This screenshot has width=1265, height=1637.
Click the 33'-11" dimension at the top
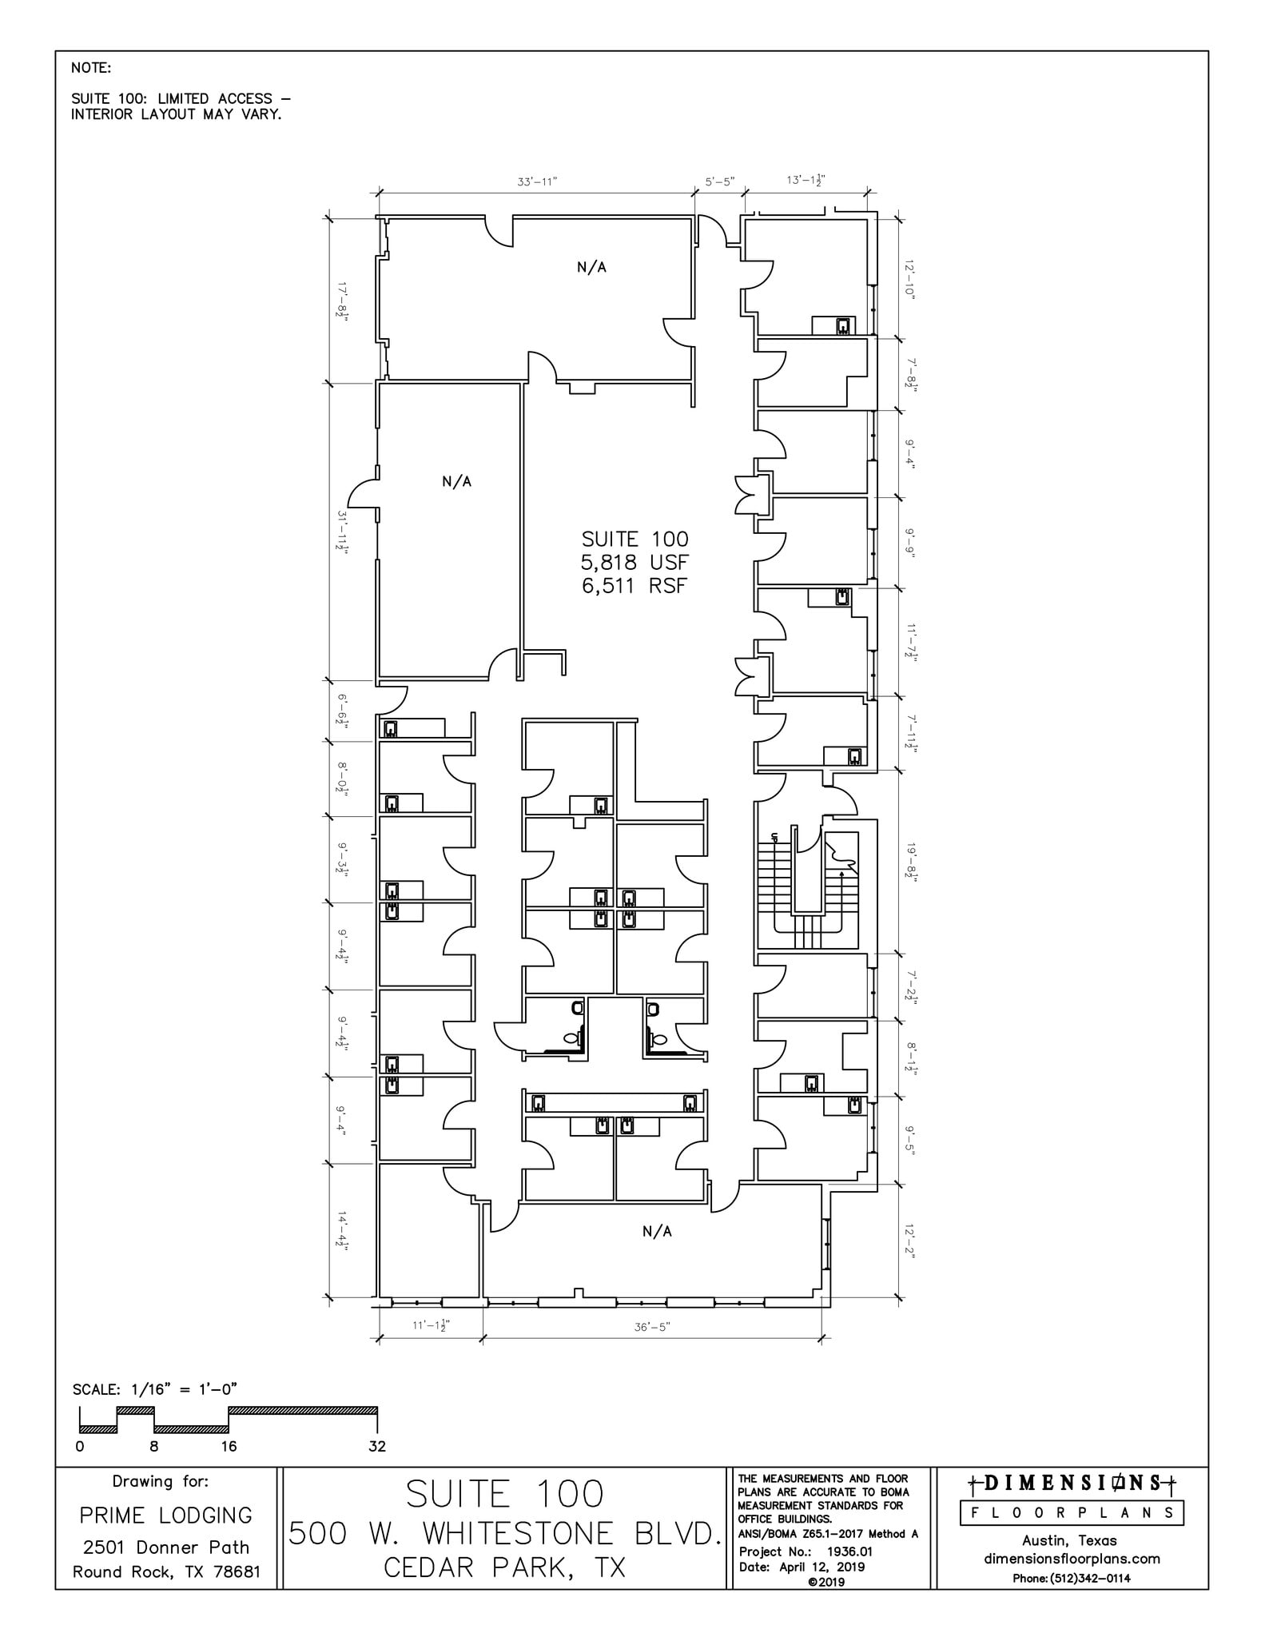[537, 181]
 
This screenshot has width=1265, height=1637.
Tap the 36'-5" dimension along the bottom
[652, 1327]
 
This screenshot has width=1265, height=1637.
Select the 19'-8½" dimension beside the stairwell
[909, 860]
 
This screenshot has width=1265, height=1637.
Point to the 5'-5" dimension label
[719, 181]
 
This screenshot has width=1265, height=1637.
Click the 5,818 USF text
[634, 562]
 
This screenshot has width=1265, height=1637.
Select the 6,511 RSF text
[634, 586]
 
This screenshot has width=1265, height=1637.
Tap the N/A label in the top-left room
[591, 267]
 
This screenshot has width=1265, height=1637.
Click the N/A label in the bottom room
[657, 1231]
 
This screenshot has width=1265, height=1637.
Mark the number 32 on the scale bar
[377, 1446]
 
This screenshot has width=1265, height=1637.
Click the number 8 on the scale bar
[154, 1446]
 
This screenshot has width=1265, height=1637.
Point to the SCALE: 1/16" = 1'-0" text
[155, 1389]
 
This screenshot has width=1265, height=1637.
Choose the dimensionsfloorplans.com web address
[1072, 1558]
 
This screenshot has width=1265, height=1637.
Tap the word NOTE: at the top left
[91, 68]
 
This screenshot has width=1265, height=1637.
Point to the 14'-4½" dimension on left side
[342, 1230]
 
